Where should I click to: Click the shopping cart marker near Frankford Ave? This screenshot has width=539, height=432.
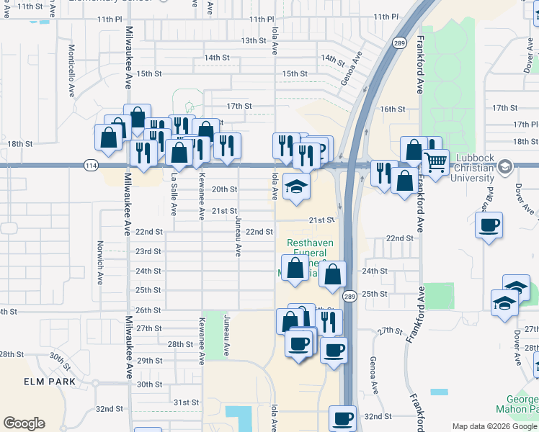pyautogui.click(x=435, y=163)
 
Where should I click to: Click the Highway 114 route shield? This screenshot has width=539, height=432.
pyautogui.click(x=90, y=166)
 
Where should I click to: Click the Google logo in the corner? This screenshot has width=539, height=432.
pyautogui.click(x=24, y=423)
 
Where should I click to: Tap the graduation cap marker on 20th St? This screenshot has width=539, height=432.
pyautogui.click(x=295, y=186)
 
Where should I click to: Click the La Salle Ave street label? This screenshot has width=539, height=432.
pyautogui.click(x=174, y=194)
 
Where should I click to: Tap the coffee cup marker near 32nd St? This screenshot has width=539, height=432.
pyautogui.click(x=343, y=418)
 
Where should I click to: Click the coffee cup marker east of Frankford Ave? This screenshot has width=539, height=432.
pyautogui.click(x=489, y=225)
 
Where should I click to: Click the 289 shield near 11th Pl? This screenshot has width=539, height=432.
pyautogui.click(x=398, y=43)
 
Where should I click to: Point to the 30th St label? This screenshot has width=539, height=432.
pyautogui.click(x=149, y=384)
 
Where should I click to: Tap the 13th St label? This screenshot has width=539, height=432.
pyautogui.click(x=254, y=40)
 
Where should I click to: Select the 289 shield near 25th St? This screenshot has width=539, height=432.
pyautogui.click(x=349, y=297)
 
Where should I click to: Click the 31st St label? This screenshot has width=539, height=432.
pyautogui.click(x=185, y=402)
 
